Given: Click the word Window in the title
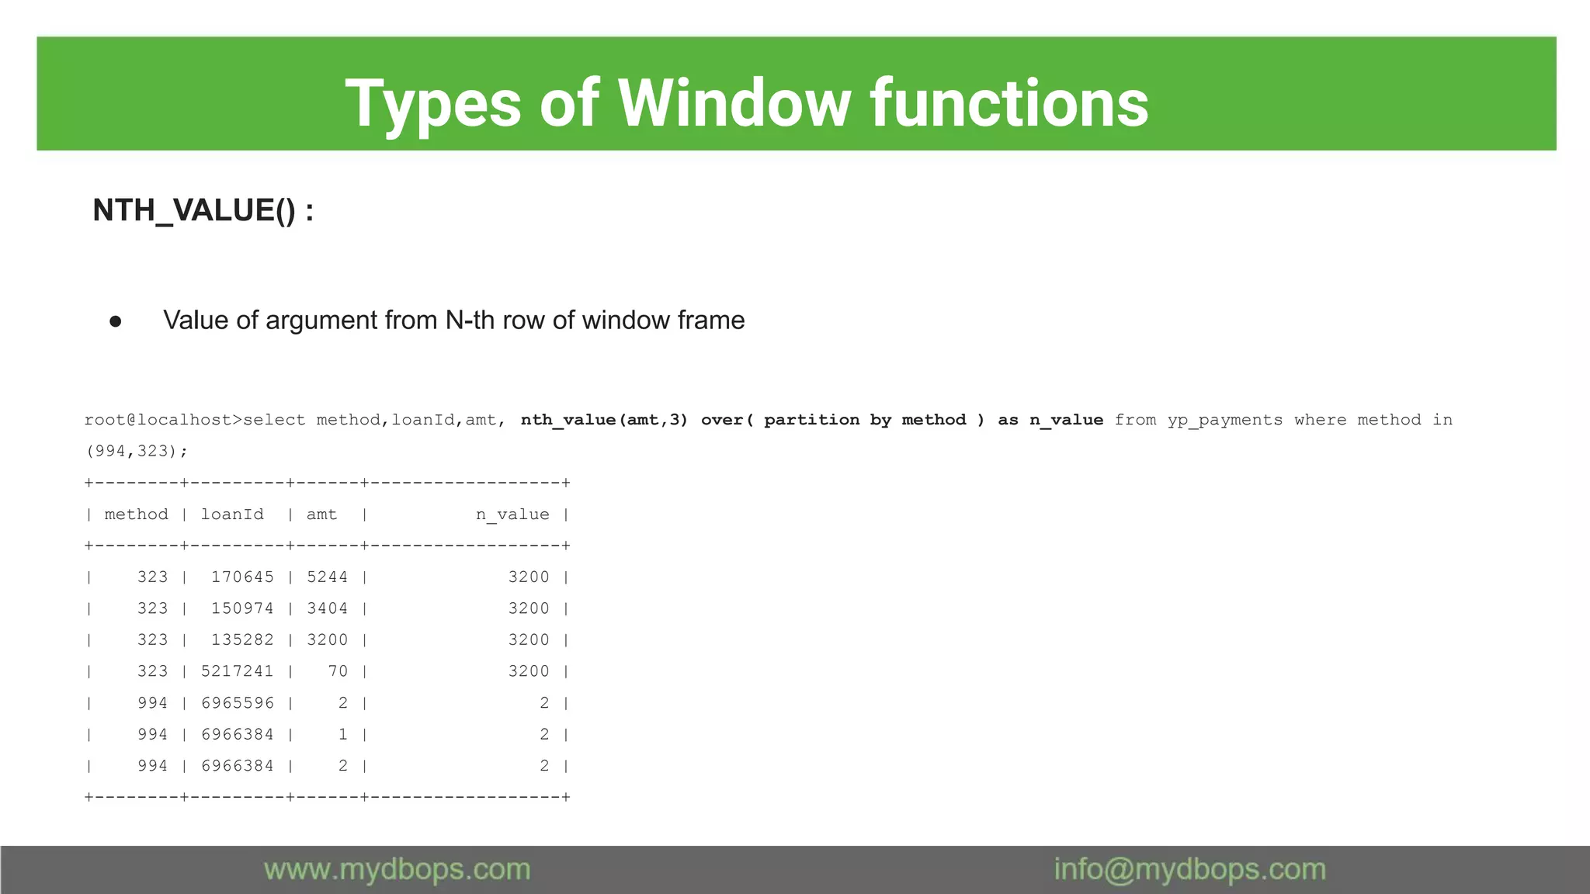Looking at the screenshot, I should coord(734,103).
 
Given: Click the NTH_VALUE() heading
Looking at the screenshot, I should coord(203,210).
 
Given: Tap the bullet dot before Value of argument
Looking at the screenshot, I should coord(116,321).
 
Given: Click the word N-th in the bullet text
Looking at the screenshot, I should coord(469,320).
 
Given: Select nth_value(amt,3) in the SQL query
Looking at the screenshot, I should coord(604,420).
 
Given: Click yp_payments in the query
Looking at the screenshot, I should coord(1224,420).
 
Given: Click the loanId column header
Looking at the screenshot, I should coord(232,515).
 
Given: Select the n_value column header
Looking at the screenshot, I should coord(512,515).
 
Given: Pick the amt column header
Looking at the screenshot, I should coord(321,515).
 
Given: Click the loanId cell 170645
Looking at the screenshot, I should coord(242,577).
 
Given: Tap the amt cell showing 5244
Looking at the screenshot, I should coord(327,577).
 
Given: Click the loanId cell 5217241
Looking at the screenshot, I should coord(237,671).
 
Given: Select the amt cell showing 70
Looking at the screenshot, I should coord(338,671).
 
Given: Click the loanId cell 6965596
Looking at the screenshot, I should coord(237,703).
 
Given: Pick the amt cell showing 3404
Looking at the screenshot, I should coord(327,608).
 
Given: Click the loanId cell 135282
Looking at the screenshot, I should coord(242,640).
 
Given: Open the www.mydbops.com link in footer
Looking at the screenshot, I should coord(397,869).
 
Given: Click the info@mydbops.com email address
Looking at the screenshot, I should coord(1189,869).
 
